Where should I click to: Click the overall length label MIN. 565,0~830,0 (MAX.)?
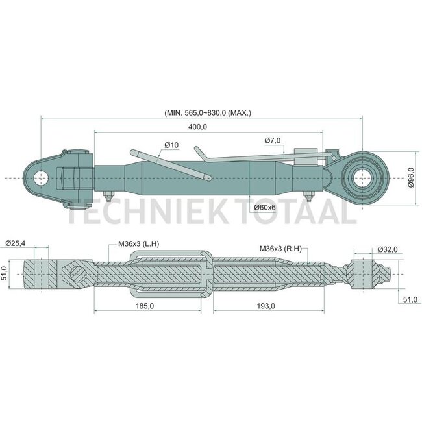coord(208,113)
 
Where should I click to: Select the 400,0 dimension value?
coord(197,127)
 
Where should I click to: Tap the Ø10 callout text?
coord(171,145)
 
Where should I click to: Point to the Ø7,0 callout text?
coord(273,140)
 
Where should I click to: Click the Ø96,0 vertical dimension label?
coord(410,177)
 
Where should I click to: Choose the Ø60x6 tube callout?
coord(265,207)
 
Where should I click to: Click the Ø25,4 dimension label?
coord(16,243)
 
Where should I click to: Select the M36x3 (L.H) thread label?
coord(138,244)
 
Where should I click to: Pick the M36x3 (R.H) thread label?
coord(280,249)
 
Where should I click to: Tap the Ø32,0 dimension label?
coord(388,249)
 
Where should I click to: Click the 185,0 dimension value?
coord(145,306)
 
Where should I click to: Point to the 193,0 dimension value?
coord(266,306)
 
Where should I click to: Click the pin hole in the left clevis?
coord(41,178)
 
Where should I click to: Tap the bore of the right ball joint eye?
coord(362,178)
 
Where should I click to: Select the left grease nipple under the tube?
coord(108,195)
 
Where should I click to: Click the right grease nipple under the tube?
coord(308,195)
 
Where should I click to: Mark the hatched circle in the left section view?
coord(79,274)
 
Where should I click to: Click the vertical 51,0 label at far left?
coord(4,274)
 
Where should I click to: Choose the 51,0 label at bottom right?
coord(410,299)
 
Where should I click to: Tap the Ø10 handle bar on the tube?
coord(171,166)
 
